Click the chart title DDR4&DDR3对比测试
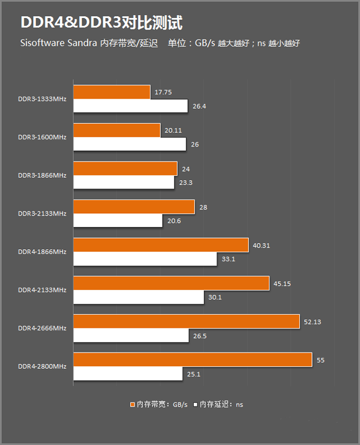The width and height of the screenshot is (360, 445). pos(101,22)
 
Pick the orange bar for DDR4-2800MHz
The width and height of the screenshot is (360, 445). pos(192,360)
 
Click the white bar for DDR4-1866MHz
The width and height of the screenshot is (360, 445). pos(145,259)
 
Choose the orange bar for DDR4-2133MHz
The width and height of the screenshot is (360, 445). pos(170,283)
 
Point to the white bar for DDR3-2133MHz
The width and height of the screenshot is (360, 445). pos(118,221)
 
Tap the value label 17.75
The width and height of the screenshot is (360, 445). pos(163,92)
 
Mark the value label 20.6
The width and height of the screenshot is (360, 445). pos(174,221)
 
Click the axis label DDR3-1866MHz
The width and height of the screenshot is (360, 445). pos(42,175)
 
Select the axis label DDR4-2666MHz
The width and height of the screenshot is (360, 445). pos(42,328)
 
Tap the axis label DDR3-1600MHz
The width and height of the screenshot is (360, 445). pos(42,137)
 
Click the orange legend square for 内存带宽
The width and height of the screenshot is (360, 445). pos(132,405)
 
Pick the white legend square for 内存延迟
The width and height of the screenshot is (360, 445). pos(196,405)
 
